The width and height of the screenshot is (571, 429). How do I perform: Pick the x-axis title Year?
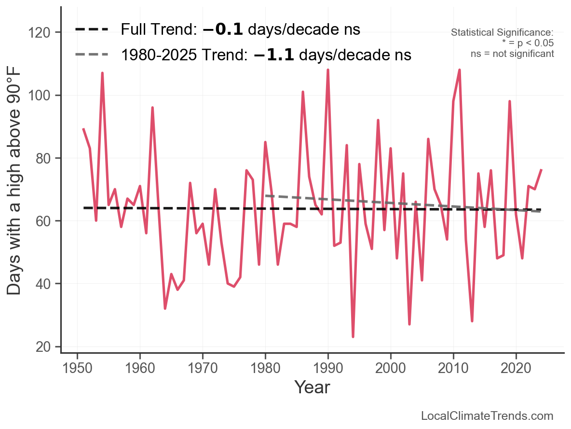[x=312, y=387]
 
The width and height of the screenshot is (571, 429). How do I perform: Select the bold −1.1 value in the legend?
[x=273, y=55]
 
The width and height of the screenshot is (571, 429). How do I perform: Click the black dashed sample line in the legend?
[x=92, y=29]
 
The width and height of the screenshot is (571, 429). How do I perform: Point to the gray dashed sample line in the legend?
[x=92, y=55]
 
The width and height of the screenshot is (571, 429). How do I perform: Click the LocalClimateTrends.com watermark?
[x=487, y=416]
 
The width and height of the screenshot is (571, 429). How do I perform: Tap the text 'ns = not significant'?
[x=512, y=54]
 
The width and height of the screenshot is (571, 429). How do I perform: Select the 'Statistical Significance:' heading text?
[x=502, y=32]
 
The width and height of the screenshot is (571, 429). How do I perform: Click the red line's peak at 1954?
[x=102, y=73]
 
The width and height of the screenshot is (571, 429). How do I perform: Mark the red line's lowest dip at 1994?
[x=353, y=337]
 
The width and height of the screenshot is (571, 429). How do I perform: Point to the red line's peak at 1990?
[x=328, y=70]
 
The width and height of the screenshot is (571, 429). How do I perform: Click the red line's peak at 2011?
[x=460, y=70]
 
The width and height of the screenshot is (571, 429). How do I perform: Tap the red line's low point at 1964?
[x=165, y=308]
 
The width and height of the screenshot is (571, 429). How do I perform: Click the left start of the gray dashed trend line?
[x=266, y=195]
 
